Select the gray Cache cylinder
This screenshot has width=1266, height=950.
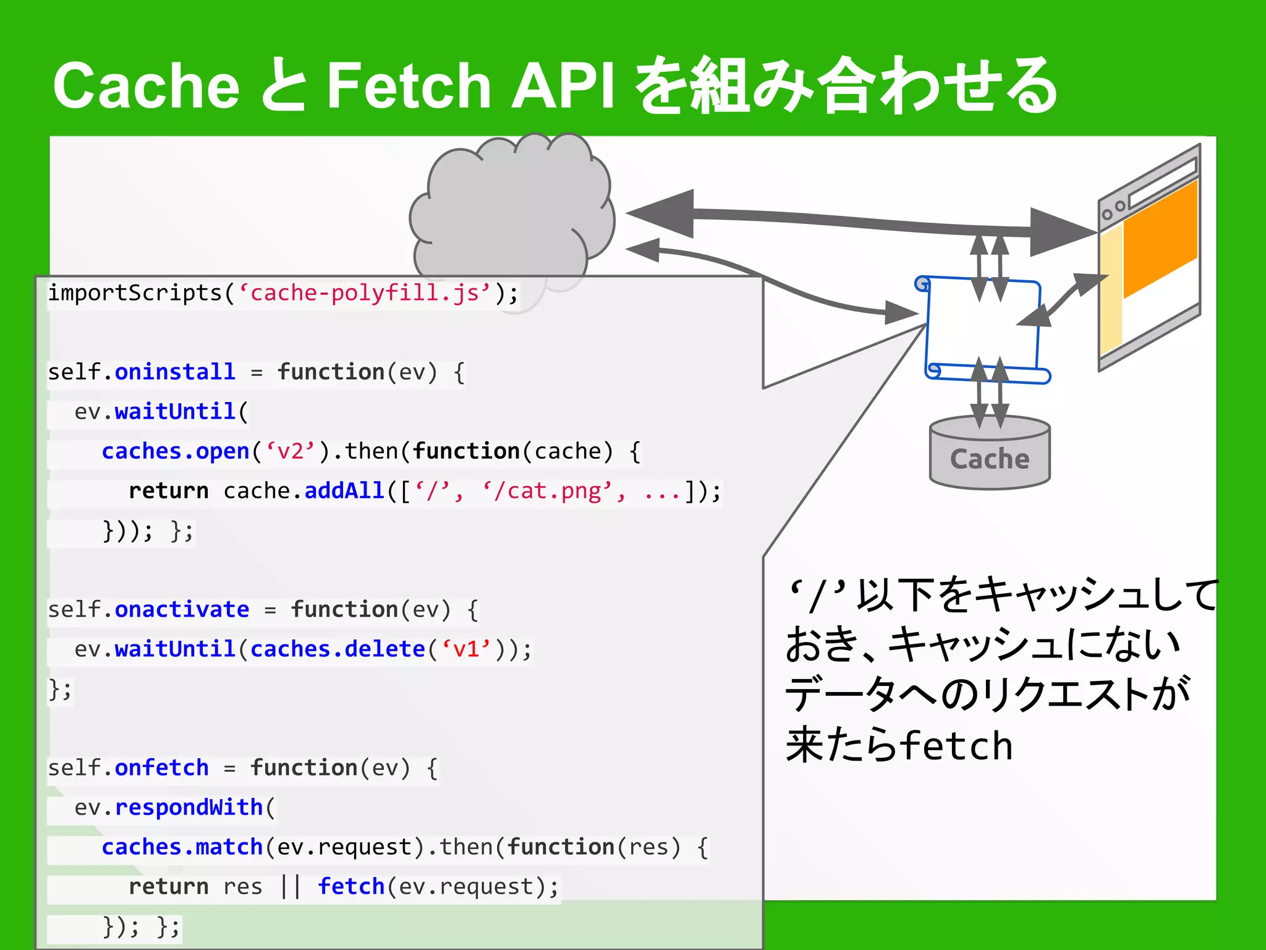(990, 455)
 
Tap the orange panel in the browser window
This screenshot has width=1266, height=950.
(1160, 241)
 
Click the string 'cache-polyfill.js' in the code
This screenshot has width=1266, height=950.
(365, 293)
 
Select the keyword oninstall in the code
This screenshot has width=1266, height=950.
(175, 372)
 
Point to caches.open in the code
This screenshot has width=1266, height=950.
(175, 451)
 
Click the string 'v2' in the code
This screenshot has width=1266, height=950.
(291, 451)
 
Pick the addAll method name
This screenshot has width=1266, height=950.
(344, 490)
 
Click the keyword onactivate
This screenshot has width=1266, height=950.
(182, 609)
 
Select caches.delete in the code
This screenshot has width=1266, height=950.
(338, 649)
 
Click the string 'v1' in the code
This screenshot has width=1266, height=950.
(466, 649)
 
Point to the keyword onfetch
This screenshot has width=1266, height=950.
(161, 768)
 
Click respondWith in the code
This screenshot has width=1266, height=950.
(189, 807)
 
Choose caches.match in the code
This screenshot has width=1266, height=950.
(182, 847)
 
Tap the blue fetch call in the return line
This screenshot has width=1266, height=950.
(351, 886)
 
